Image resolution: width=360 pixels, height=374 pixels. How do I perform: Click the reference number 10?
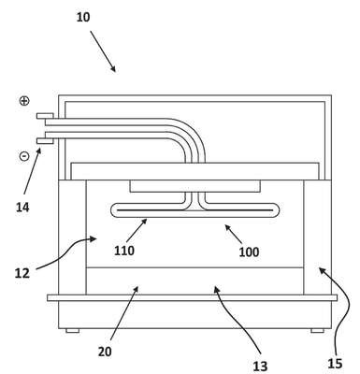coord(83,17)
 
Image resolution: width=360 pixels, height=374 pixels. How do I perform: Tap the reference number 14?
coord(22,207)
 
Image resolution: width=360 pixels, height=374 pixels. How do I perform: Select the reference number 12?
coord(22,273)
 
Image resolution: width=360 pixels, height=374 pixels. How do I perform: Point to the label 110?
coord(124,251)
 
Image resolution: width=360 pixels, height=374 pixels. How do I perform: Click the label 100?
coord(249,252)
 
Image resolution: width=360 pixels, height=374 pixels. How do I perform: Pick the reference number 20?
coord(105,352)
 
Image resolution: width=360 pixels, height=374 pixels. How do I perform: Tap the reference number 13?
coord(260,367)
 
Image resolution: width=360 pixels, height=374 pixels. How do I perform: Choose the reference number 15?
coord(335,364)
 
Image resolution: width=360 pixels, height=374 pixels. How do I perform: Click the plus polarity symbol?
coord(24,101)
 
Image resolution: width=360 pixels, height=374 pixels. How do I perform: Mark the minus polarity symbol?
coord(24,156)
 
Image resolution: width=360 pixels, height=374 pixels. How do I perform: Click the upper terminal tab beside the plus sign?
coord(45,116)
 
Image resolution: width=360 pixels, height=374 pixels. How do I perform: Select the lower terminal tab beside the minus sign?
coord(45,141)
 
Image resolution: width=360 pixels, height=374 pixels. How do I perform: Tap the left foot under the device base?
coord(72,331)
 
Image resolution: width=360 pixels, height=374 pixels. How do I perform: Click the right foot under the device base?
coord(317,331)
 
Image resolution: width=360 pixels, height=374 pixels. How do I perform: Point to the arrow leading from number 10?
coord(103,51)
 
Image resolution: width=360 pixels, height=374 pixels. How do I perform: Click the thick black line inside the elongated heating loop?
coord(194,210)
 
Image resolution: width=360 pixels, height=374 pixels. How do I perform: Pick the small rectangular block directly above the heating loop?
coord(194,186)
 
